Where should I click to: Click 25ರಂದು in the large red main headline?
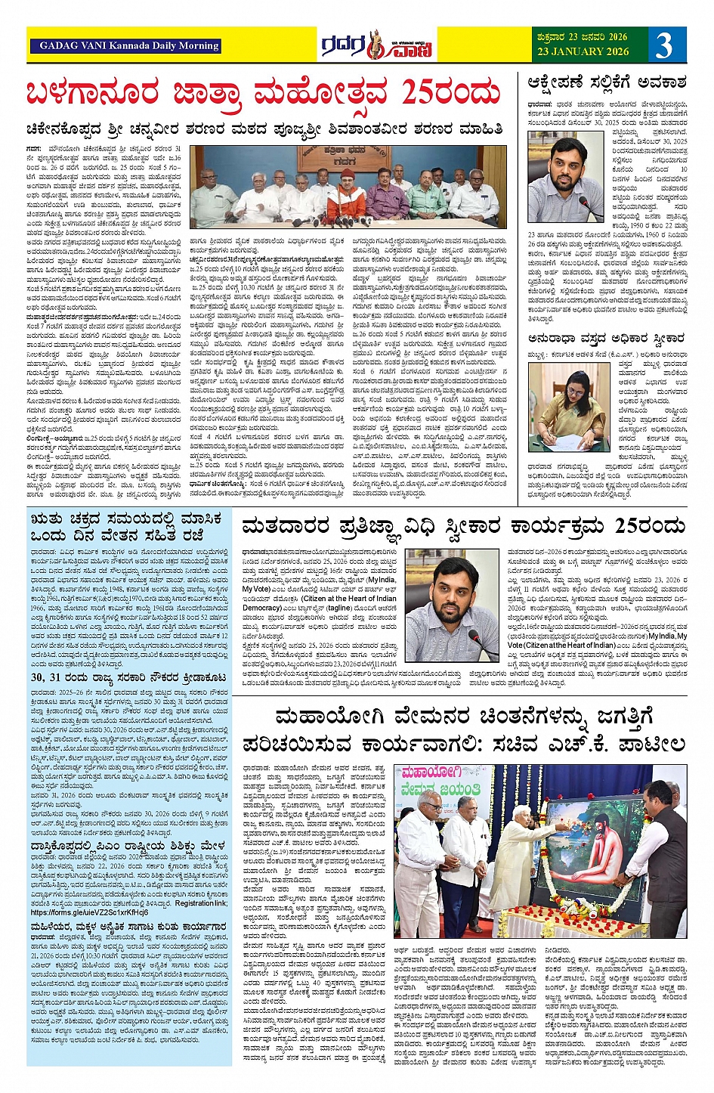point(450,93)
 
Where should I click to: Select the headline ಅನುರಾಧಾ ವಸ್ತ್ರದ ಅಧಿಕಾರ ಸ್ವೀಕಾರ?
point(607,339)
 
